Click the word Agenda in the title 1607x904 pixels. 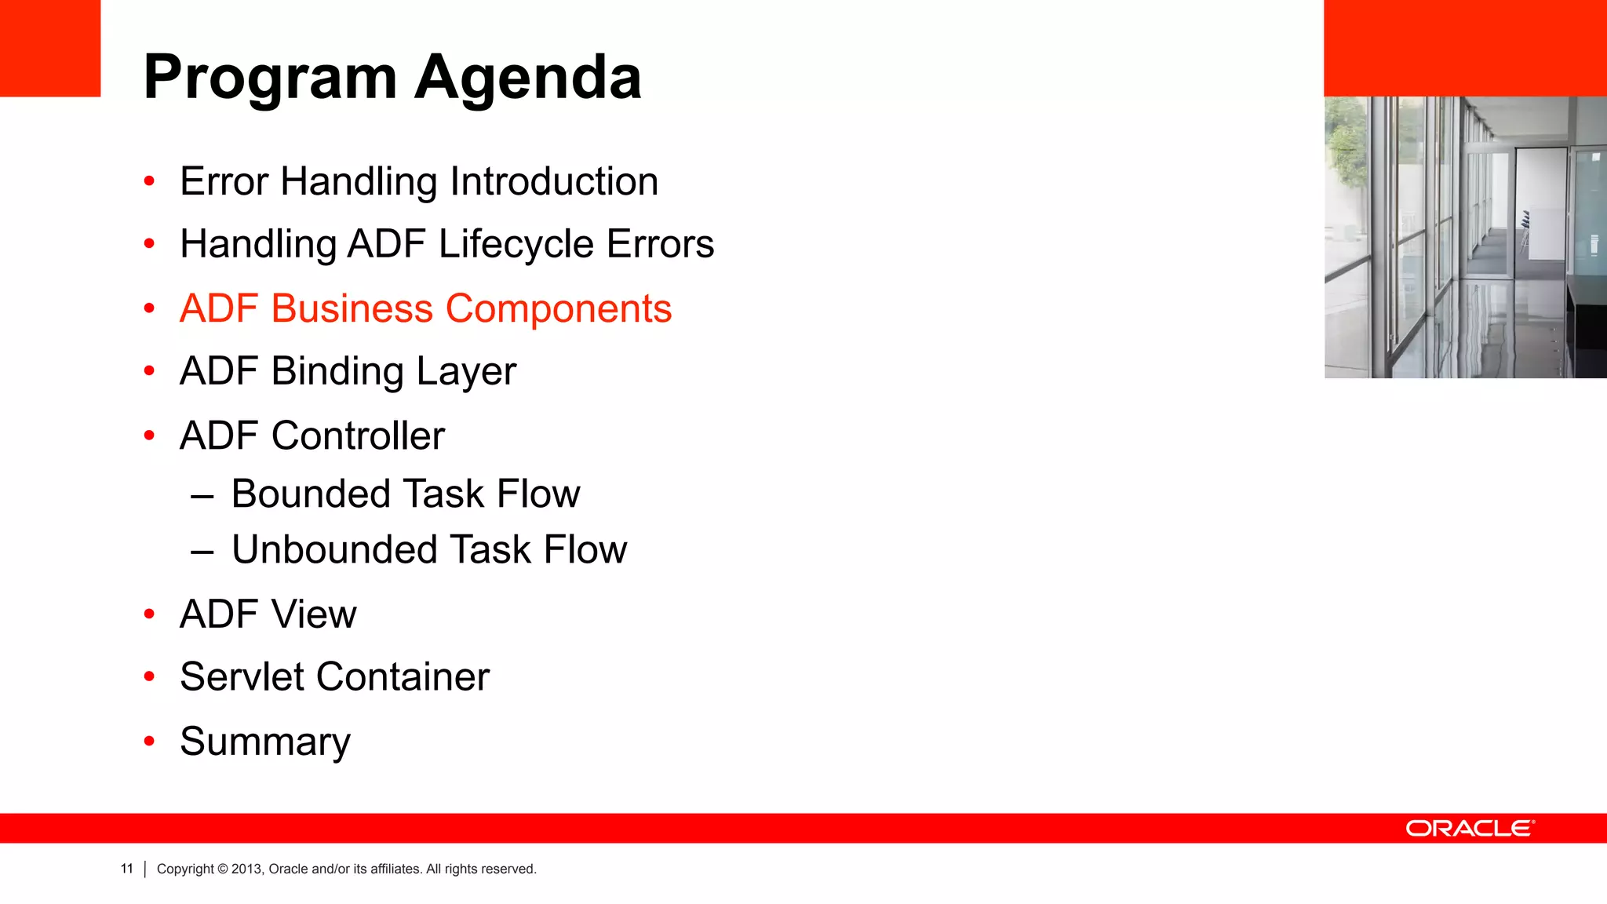coord(528,78)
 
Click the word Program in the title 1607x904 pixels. coord(271,78)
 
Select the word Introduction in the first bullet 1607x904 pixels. coord(554,181)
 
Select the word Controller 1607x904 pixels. coord(358,436)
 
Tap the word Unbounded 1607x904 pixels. coord(333,549)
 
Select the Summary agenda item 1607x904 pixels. coord(265,742)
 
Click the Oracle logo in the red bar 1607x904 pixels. coord(1470,829)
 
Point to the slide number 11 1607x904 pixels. coord(127,869)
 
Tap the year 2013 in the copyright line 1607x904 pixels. coord(246,869)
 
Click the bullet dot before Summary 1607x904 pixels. coord(150,741)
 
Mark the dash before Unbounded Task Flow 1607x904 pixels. coord(202,552)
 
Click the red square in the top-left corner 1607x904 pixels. coord(50,48)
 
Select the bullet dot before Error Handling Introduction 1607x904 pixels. coord(150,182)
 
